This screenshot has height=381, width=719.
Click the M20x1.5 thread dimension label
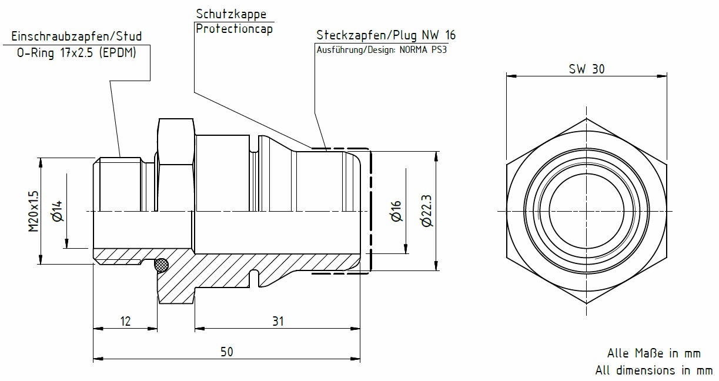tap(34, 210)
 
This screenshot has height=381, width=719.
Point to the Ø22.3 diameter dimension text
tap(426, 210)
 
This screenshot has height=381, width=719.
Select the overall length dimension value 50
tap(226, 351)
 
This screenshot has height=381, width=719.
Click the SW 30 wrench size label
tap(586, 68)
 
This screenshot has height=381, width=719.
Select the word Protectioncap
tap(233, 29)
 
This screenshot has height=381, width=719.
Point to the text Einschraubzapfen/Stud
tap(76, 36)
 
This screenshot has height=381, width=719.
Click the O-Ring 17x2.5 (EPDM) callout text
tap(76, 52)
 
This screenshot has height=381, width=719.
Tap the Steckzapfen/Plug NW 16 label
tap(386, 35)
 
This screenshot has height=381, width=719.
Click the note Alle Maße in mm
tap(654, 353)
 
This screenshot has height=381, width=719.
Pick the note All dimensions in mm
tap(654, 370)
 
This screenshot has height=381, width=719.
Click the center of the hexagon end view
tap(587, 210)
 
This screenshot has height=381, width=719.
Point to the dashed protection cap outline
tap(370, 210)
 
